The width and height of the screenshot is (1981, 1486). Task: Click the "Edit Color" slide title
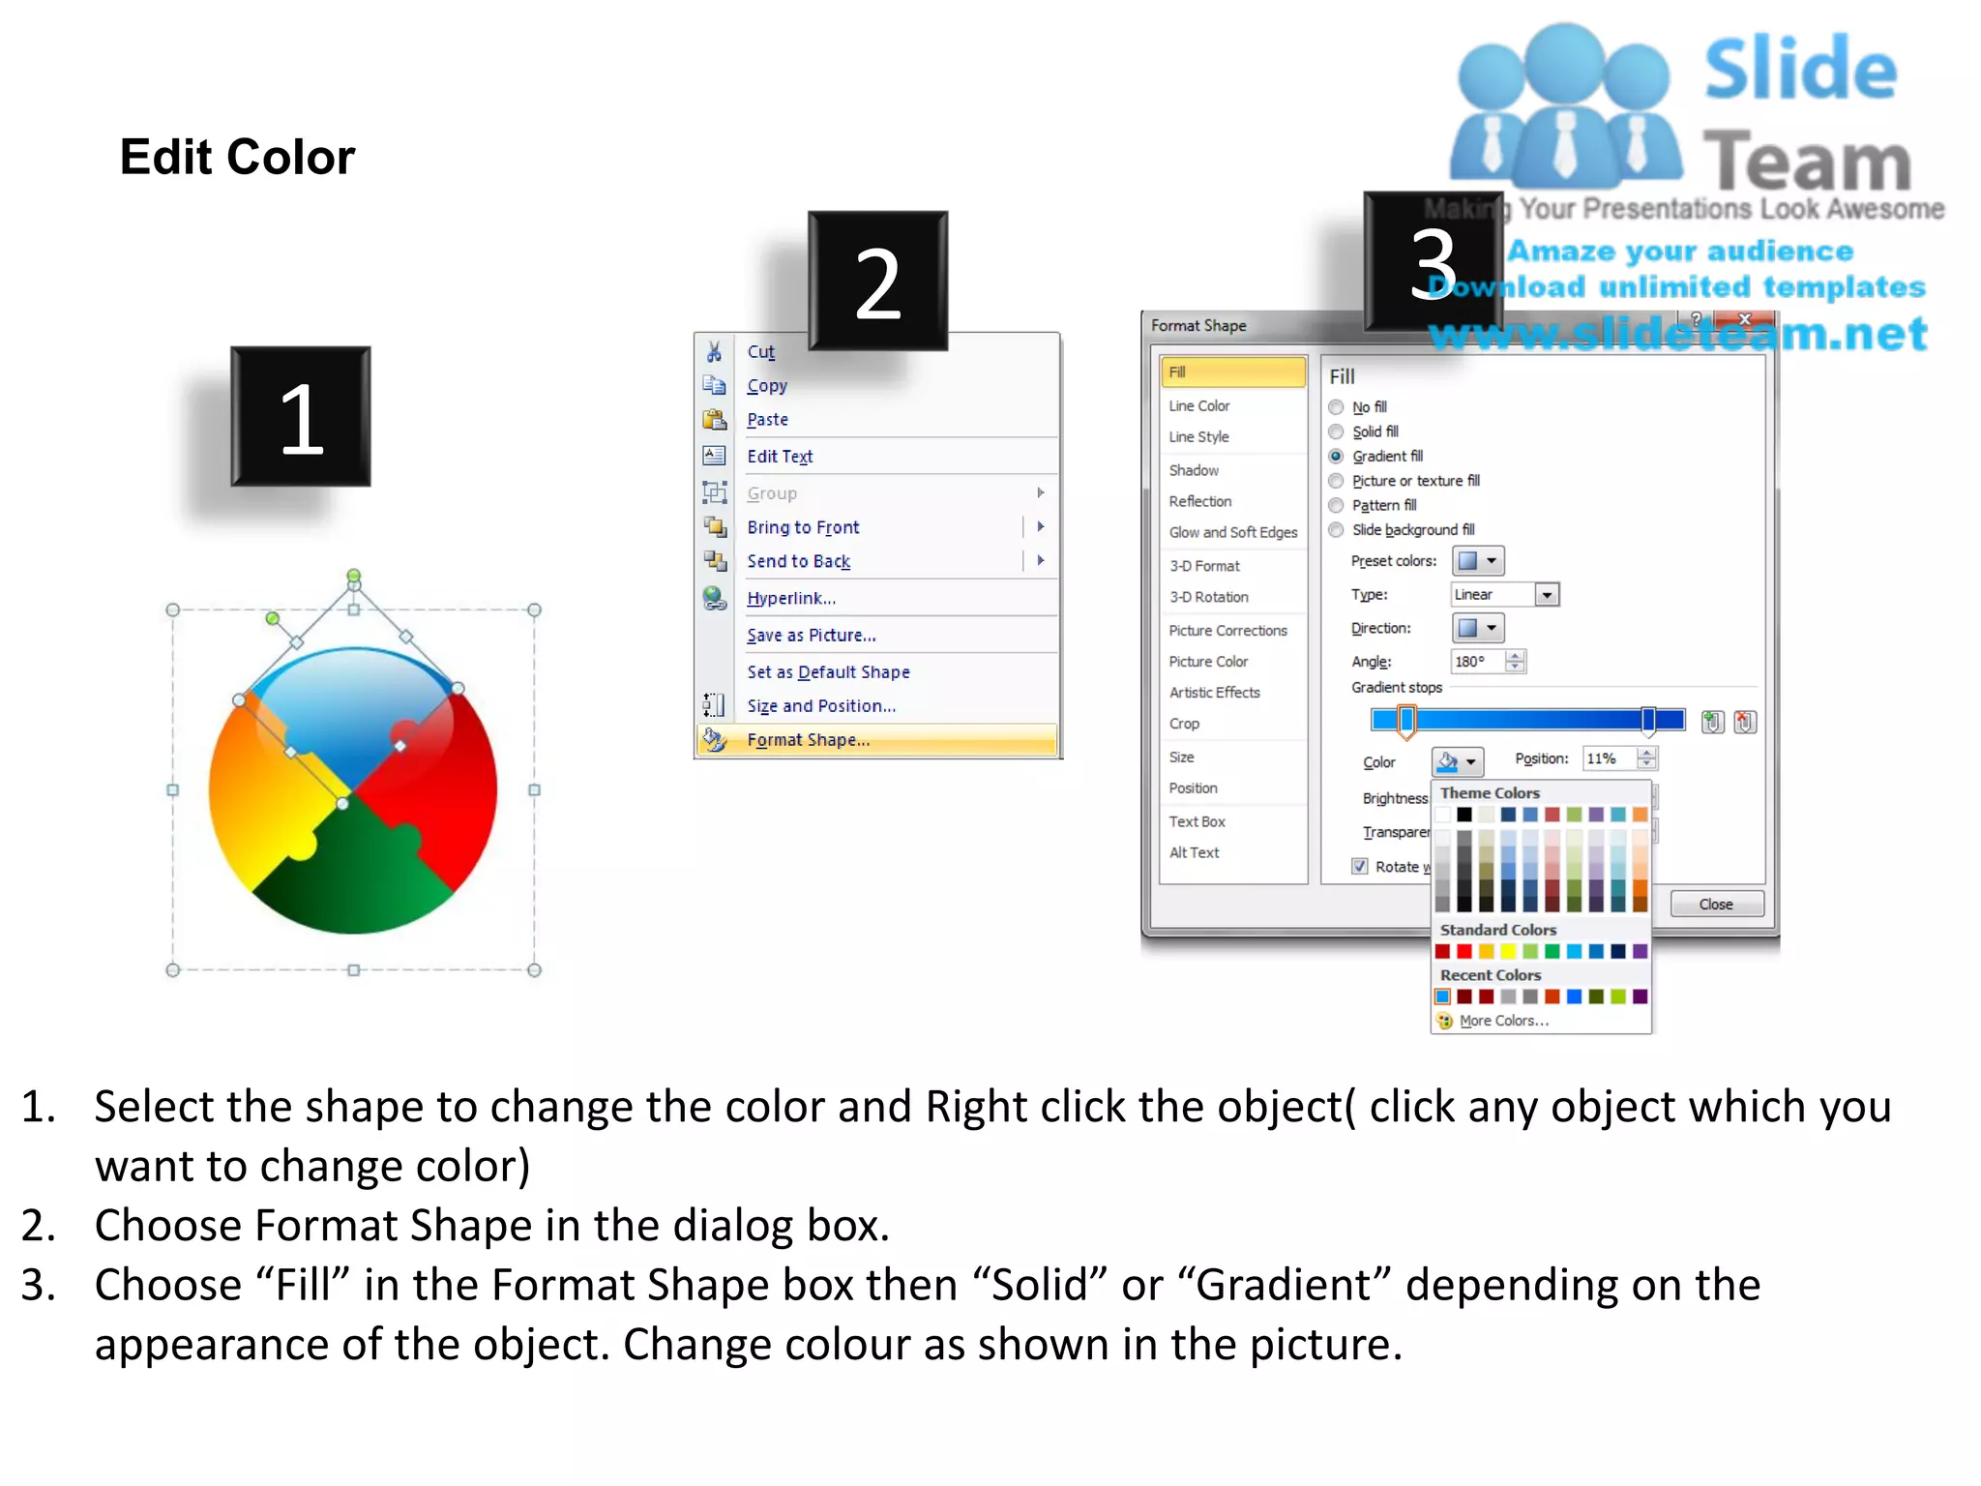point(237,157)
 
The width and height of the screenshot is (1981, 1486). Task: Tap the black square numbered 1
point(301,417)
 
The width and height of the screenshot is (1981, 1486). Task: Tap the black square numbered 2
point(877,282)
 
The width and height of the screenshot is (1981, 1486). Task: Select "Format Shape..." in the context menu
point(808,740)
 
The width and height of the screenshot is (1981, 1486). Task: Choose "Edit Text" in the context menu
point(780,457)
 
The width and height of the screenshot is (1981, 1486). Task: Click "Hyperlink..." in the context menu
point(790,599)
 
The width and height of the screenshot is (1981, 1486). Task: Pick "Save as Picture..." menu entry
point(811,636)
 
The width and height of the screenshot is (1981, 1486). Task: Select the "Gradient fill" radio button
point(1337,457)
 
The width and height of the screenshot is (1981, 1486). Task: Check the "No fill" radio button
point(1337,407)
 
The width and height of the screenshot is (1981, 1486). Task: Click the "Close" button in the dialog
point(1716,905)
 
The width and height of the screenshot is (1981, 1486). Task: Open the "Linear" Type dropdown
point(1547,595)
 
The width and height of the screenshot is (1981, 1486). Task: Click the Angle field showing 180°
point(1477,662)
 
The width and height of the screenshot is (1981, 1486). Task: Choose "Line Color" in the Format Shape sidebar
point(1198,406)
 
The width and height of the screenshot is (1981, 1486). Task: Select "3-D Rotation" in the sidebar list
point(1208,598)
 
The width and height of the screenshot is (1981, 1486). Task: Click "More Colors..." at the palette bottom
point(1503,1021)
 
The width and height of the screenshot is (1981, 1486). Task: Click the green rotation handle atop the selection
point(354,576)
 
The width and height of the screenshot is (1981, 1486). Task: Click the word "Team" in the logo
point(1806,162)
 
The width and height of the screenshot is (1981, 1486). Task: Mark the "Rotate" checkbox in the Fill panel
point(1360,867)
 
